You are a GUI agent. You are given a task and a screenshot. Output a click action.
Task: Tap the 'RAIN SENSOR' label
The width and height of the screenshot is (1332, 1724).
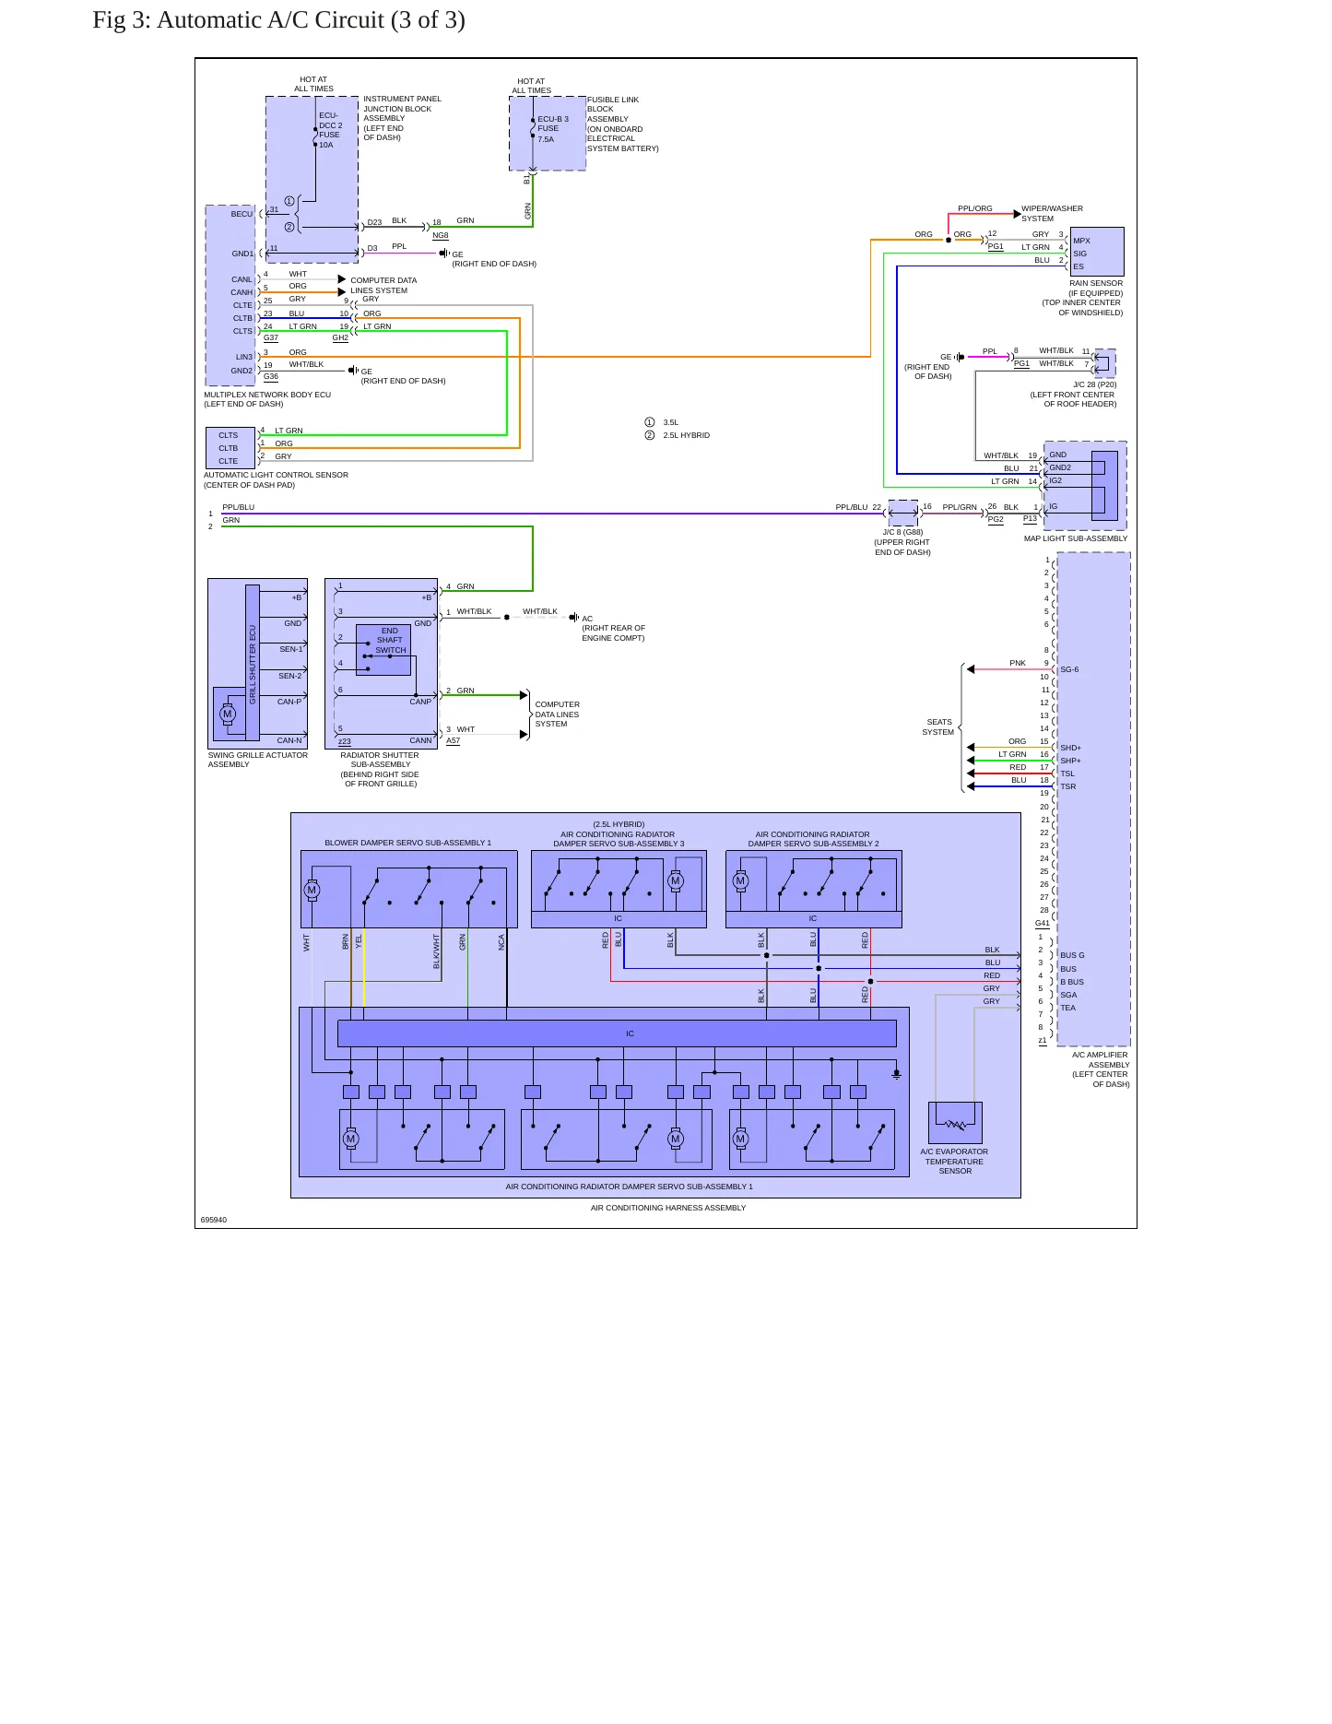1096,283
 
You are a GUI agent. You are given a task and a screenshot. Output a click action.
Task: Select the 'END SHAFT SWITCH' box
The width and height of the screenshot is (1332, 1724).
383,650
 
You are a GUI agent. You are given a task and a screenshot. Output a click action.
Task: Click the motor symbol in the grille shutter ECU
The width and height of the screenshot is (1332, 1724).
228,714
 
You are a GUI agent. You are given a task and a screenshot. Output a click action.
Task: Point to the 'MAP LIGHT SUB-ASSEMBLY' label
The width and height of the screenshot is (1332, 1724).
1075,538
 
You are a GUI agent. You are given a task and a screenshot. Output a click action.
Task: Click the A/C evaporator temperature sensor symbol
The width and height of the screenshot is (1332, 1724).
955,1123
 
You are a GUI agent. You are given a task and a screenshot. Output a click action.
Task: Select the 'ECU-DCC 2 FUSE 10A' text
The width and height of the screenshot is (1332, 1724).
330,130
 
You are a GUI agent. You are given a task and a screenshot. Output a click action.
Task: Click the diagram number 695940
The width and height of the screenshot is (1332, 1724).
214,1220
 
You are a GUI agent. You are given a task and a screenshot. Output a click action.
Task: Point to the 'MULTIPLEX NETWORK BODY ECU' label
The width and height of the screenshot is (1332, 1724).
267,395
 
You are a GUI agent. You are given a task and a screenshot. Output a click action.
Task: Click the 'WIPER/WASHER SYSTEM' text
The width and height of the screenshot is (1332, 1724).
1052,214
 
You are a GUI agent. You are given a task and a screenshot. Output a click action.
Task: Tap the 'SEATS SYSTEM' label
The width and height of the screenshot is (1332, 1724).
938,727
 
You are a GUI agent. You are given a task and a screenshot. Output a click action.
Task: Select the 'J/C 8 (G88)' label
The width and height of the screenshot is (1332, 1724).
902,532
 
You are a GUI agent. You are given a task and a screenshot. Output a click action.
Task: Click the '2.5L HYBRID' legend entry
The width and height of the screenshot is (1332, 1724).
687,435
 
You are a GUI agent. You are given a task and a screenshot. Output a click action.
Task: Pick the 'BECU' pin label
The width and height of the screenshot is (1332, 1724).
242,214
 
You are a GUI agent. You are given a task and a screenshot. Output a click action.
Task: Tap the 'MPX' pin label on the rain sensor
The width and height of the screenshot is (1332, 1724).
1081,241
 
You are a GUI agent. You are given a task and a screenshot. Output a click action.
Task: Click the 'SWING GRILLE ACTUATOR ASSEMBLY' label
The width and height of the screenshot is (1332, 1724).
258,760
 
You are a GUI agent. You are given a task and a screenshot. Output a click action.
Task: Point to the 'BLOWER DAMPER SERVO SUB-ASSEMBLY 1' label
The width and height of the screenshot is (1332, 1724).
407,843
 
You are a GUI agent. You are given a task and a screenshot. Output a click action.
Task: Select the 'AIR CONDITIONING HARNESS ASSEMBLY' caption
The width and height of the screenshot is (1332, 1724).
668,1208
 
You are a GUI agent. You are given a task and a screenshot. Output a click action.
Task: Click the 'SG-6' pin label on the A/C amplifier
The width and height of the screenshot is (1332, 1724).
1069,669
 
